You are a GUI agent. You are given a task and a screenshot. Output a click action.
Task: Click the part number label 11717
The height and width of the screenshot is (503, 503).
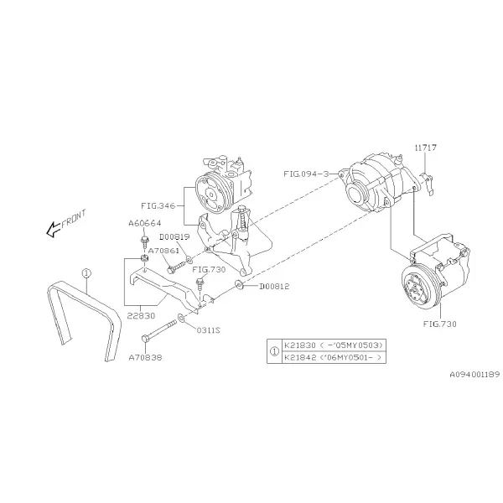pos(425,148)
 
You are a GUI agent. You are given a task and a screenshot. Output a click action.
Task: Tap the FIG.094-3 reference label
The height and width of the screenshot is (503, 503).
pos(306,174)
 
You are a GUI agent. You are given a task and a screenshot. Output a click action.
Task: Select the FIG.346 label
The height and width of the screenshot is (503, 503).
pos(158,205)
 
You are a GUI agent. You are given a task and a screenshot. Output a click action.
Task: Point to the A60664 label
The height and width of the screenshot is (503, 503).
pos(145,223)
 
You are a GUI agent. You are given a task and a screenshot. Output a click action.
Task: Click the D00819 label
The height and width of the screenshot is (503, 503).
pos(174,237)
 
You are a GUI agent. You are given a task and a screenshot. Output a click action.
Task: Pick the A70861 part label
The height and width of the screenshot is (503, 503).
pos(163,251)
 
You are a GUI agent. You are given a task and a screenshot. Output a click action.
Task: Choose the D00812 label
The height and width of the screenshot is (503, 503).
pos(274,286)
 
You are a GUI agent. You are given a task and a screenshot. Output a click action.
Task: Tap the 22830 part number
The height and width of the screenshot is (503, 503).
pos(141,316)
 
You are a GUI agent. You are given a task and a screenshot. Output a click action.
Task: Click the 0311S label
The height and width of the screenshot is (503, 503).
pos(208,330)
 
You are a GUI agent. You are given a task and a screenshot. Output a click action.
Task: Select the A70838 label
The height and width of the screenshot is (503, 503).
pos(145,357)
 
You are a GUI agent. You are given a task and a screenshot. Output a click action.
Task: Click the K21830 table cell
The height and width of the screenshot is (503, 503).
pos(334,345)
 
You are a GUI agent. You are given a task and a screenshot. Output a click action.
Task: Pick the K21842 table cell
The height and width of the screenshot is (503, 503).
pos(334,357)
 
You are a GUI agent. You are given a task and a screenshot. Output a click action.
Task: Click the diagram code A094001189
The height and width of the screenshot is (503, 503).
pos(474,375)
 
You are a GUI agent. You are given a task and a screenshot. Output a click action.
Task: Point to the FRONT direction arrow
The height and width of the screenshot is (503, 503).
pos(54,230)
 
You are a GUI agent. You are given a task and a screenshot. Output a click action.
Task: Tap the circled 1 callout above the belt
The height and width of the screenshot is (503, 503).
pos(86,273)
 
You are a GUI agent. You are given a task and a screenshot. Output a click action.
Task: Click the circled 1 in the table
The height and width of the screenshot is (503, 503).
pos(274,351)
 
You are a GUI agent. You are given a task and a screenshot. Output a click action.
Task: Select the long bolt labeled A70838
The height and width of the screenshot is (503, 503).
pos(159,329)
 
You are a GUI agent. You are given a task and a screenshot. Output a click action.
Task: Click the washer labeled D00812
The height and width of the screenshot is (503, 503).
pos(238,284)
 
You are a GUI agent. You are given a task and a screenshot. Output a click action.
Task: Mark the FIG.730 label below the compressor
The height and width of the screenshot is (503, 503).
pos(440,324)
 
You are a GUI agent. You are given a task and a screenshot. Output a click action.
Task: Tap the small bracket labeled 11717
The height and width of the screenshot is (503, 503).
pos(428,183)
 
